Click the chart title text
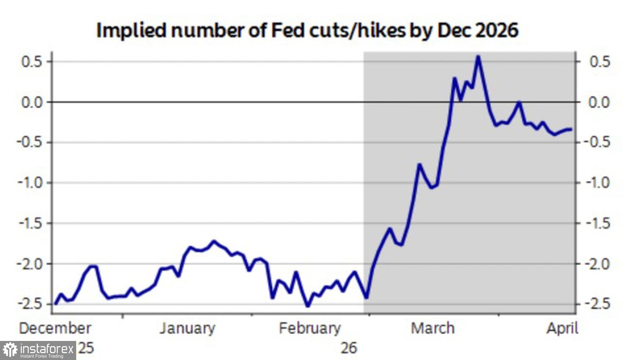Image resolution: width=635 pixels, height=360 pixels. (x=307, y=30)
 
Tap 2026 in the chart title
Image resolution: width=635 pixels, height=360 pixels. (x=497, y=30)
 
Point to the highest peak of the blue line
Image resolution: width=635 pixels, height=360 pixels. (x=478, y=56)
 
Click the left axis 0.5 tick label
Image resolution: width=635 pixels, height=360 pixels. (x=32, y=62)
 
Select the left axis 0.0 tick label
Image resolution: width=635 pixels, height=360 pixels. (x=32, y=102)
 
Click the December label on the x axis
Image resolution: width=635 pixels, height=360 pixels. (x=55, y=328)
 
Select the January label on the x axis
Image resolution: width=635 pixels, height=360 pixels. (x=187, y=328)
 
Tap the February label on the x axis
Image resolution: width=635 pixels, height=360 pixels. (x=309, y=328)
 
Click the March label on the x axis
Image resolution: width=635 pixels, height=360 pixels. (x=433, y=328)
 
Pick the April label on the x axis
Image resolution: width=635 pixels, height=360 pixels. (x=562, y=328)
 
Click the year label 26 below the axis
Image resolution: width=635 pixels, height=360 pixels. (x=349, y=348)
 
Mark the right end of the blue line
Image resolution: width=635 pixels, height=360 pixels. (x=571, y=129)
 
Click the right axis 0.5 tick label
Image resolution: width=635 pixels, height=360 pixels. (x=599, y=62)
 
